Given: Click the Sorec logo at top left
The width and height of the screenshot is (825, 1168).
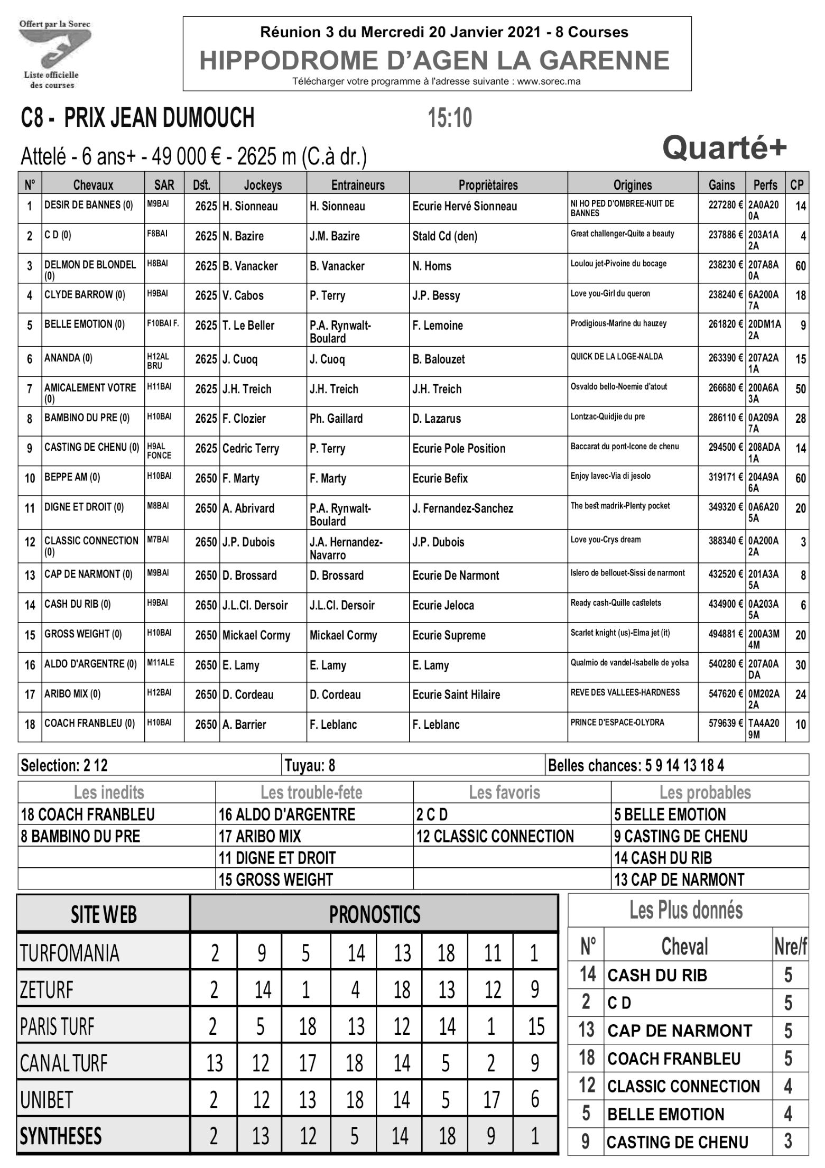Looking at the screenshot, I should pos(54,53).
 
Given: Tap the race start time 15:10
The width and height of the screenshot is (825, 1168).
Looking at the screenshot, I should pos(450,118).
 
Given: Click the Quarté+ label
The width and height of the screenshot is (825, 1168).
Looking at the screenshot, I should pos(724,148).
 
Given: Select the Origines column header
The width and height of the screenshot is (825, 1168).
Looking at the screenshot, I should pos(632,184).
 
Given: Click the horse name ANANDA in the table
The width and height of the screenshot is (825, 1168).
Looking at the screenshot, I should pos(68,358).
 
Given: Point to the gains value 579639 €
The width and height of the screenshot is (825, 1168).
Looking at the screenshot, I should pos(725,722).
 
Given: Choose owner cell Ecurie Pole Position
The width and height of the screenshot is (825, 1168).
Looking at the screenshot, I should pos(459,449).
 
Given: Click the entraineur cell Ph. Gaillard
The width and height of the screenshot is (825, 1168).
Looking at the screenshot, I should pos(336,419).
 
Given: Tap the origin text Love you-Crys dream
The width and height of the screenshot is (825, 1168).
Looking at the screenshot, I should pos(606,540).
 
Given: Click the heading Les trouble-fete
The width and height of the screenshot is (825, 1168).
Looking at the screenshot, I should pos(311,792).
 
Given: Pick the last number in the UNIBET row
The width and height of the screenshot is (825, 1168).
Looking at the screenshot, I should pos(534,1099).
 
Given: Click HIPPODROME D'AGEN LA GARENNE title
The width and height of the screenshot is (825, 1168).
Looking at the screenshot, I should pos(434,60).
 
